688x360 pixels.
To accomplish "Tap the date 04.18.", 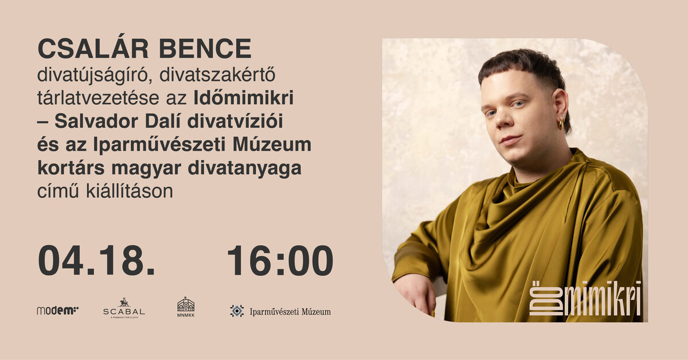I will [96, 261].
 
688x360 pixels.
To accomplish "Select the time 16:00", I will [280, 261].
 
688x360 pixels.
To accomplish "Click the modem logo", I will [57, 311].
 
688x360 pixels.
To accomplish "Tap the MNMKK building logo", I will [186, 307].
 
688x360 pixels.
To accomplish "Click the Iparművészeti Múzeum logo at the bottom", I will [280, 312].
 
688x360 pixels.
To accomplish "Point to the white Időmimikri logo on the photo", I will [584, 299].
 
